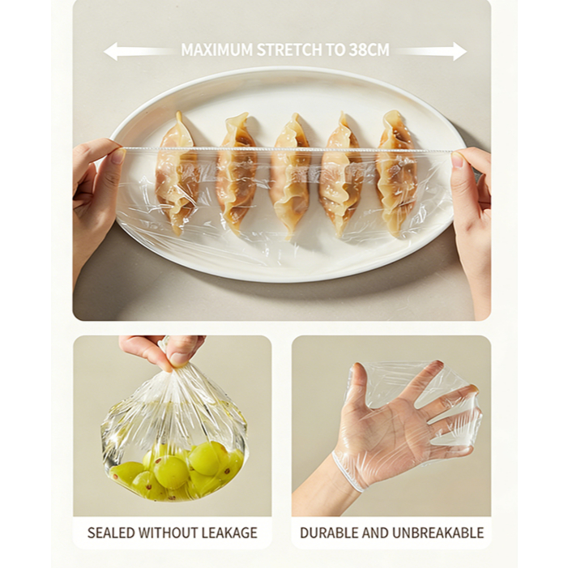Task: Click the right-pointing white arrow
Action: coord(430,51)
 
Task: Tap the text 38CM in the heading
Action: coord(369,50)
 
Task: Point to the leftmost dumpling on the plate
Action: coord(177,174)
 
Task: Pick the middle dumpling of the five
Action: coord(290,177)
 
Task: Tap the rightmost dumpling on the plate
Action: coord(395,174)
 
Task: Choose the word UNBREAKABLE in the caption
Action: coord(438,533)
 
